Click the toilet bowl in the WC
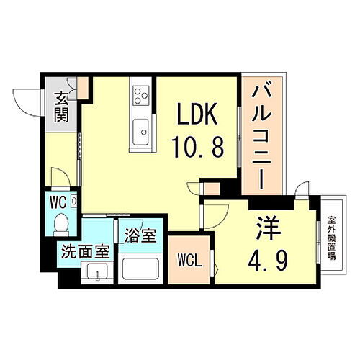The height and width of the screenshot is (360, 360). point(63,223)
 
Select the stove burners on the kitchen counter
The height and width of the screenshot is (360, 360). point(140,96)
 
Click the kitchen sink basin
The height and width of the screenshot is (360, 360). point(141,132)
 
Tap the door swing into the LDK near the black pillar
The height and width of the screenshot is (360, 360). point(194,191)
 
